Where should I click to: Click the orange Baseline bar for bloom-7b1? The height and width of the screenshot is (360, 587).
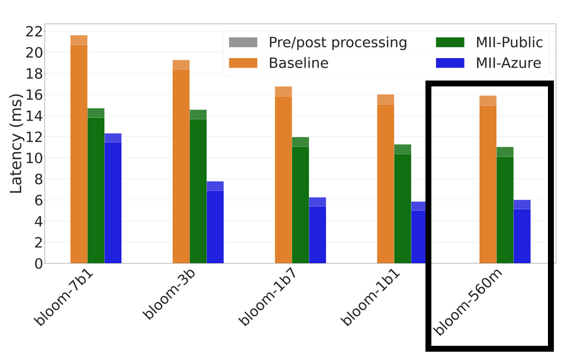(x=79, y=154)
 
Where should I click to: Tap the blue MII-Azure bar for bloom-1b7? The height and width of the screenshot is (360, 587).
(x=317, y=234)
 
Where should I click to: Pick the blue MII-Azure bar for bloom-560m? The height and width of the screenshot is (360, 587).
(x=522, y=236)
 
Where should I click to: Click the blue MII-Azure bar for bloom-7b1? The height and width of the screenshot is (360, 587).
(x=113, y=201)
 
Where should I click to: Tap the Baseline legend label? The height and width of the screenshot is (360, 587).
(x=298, y=63)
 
